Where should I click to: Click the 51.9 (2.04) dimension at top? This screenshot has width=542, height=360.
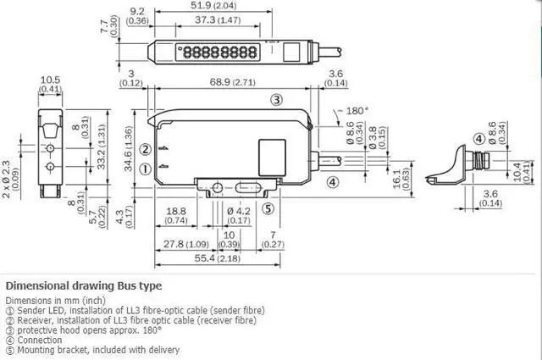point(213,6)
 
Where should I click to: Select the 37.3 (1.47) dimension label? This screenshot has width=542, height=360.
point(218,20)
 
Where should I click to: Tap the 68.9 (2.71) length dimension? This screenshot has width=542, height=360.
point(233,82)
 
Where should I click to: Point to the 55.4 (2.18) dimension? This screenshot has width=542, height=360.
point(217,258)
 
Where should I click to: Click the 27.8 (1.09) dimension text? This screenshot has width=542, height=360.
point(186,244)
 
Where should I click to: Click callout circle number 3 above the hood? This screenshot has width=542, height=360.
point(276,100)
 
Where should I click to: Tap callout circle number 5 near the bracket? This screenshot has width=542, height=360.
point(268,208)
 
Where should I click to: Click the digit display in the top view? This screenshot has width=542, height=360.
point(218,53)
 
